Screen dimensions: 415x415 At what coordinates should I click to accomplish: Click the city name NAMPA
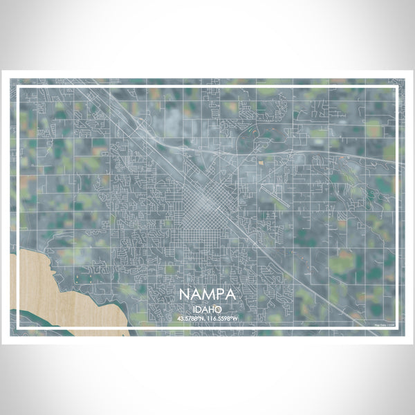207,294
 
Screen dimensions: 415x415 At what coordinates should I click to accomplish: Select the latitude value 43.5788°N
192,317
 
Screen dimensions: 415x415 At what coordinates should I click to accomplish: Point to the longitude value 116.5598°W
223,317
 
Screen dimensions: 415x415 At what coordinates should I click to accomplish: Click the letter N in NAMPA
185,294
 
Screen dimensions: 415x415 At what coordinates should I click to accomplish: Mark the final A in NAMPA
231,294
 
